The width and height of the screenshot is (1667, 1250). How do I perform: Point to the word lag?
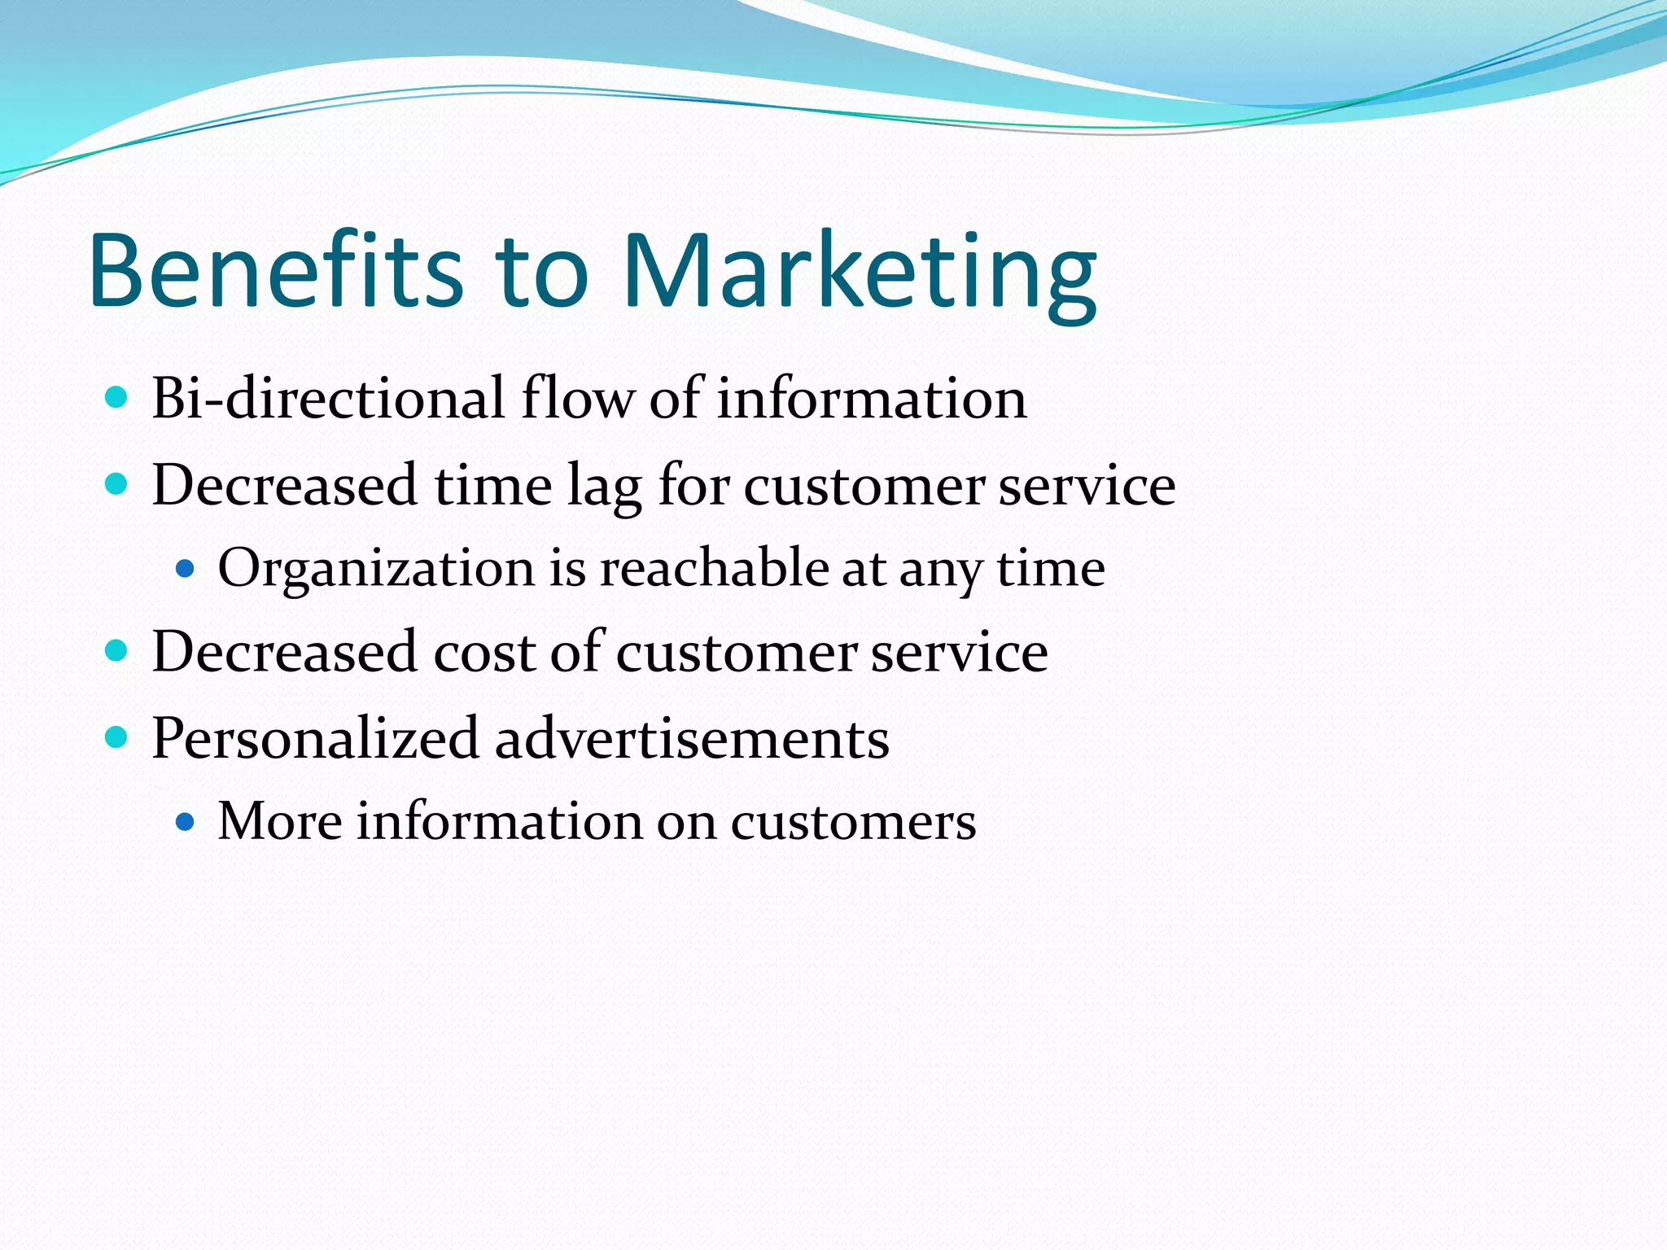pos(604,487)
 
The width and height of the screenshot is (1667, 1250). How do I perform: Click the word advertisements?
pos(692,739)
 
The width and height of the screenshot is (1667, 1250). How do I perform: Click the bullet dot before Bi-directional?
pos(117,398)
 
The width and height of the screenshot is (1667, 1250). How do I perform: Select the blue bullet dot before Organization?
pos(186,568)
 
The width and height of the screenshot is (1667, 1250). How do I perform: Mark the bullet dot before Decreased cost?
pos(117,651)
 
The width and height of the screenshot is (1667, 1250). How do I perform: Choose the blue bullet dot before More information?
pos(186,822)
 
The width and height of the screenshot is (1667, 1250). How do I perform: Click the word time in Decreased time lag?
pos(493,486)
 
